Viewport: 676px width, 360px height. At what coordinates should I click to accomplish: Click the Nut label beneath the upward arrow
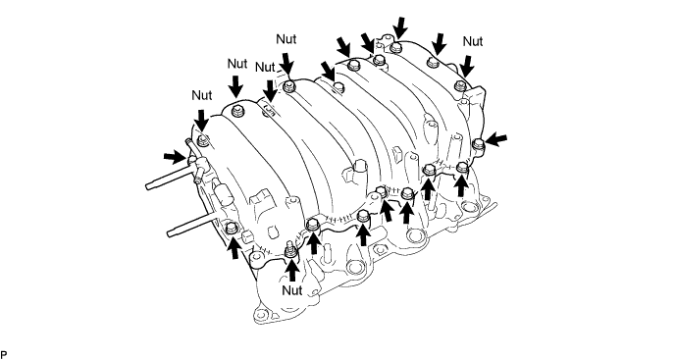coord(291,290)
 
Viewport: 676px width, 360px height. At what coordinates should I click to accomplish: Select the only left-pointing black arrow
coord(496,139)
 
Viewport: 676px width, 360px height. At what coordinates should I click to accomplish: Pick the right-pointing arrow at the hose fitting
coord(175,157)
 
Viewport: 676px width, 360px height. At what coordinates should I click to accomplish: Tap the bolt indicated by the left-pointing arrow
coord(478,144)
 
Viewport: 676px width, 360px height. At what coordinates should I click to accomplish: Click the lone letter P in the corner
coord(4,355)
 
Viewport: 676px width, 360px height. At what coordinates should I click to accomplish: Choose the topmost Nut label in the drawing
coord(286,39)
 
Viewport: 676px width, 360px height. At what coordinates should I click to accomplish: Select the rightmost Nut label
coord(473,41)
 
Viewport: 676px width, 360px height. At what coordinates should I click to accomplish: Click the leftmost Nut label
coord(202,95)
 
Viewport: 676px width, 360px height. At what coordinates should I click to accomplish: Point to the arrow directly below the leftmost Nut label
coord(201,120)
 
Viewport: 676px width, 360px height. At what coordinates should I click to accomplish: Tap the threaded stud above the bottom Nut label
coord(289,250)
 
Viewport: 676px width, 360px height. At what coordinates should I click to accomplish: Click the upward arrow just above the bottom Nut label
coord(292,270)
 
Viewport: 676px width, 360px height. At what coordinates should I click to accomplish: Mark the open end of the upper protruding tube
coord(148,186)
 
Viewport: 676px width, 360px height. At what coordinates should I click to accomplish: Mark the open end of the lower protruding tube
coord(170,233)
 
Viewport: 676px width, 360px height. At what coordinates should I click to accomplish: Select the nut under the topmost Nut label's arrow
coord(289,85)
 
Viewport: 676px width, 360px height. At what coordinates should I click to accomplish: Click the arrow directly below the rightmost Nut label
coord(467,68)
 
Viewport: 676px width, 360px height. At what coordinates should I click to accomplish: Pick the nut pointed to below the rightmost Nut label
coord(460,85)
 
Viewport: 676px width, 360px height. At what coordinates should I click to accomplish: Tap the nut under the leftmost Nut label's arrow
coord(202,139)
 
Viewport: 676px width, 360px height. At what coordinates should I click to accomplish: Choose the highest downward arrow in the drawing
coord(400,28)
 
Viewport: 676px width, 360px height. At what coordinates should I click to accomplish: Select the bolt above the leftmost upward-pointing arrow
coord(232,228)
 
